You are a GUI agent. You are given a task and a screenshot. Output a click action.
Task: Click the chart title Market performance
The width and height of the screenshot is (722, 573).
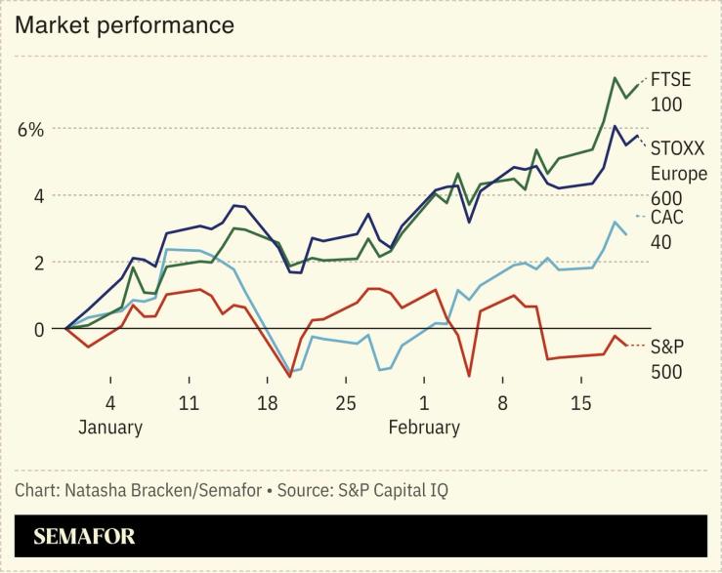(124, 25)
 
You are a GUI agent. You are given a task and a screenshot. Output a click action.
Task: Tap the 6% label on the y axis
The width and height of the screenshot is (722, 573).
(29, 130)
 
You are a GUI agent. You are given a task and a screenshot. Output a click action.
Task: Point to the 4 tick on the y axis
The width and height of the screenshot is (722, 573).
(38, 196)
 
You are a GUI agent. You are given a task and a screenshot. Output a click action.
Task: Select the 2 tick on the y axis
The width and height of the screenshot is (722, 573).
(38, 263)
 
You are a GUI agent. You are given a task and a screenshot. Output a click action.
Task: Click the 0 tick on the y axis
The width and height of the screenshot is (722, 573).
(38, 330)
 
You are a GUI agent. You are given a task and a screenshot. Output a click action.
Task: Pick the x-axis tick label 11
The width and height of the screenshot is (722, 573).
(189, 403)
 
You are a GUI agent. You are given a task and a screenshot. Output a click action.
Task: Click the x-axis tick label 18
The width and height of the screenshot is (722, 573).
(267, 403)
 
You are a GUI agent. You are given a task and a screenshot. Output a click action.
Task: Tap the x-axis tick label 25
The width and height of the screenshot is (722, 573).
(345, 403)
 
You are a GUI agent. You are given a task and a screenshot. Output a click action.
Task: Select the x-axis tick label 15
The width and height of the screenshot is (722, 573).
(580, 403)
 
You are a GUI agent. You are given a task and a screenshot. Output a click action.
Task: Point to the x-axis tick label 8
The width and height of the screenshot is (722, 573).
(502, 403)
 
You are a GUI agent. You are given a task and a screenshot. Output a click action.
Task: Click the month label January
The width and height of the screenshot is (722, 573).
(110, 428)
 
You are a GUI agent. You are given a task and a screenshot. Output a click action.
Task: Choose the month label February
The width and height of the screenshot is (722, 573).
(424, 428)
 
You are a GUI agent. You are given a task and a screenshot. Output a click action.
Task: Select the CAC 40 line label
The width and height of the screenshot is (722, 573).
(667, 228)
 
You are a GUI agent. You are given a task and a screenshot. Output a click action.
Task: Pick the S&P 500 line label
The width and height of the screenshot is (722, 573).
(666, 358)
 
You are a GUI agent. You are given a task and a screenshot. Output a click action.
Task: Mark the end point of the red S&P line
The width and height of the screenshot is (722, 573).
(626, 345)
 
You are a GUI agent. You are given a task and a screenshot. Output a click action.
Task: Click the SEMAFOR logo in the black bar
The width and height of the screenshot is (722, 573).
(84, 537)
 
